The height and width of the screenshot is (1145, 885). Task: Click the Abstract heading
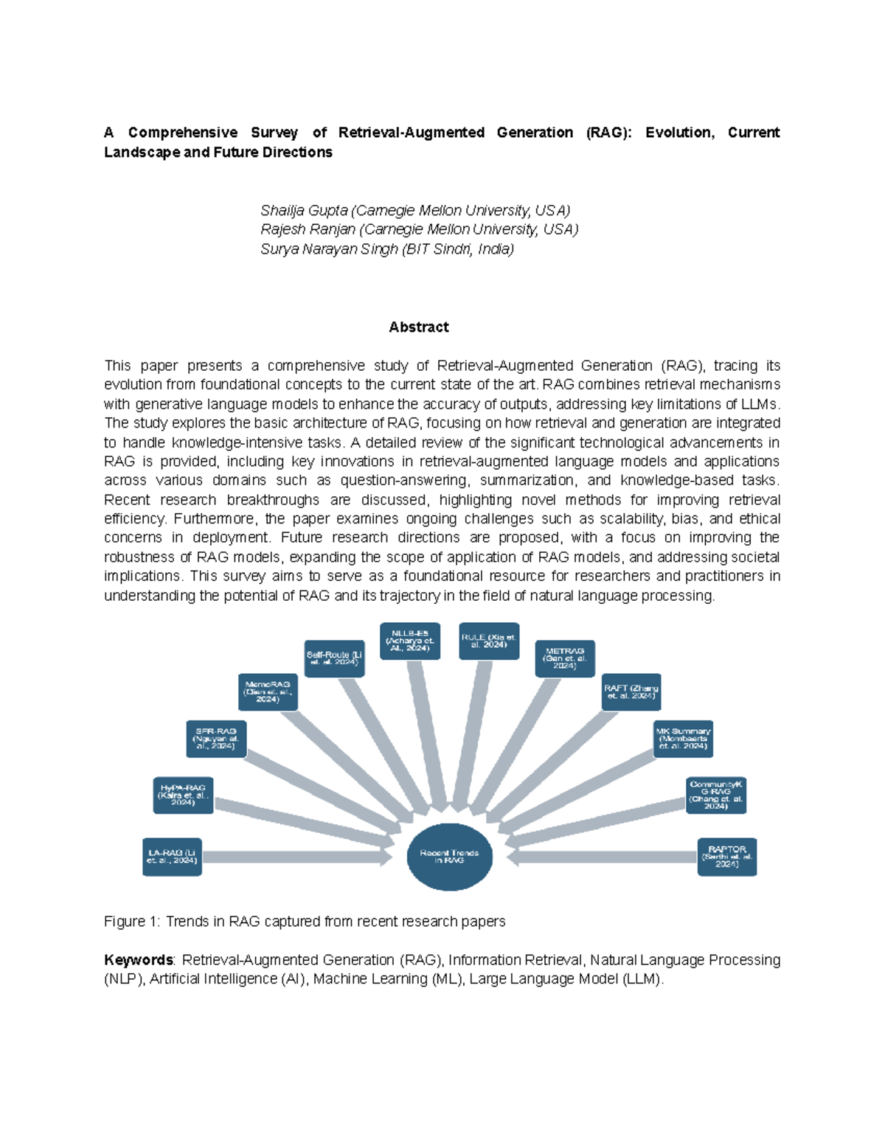point(418,327)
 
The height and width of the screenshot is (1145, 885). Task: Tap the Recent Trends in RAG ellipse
point(449,857)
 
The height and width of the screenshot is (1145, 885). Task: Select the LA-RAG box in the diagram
point(172,857)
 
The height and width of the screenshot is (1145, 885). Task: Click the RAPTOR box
point(726,857)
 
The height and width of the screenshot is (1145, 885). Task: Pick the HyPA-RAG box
point(183,795)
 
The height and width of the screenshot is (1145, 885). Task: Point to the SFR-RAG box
point(216,739)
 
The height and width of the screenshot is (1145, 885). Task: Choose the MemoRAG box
point(268,692)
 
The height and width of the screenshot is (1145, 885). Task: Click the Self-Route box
point(334,658)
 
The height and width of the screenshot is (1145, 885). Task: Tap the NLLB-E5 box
point(410,641)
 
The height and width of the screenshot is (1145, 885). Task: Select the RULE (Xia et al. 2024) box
point(489,641)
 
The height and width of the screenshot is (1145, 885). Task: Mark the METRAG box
point(565,658)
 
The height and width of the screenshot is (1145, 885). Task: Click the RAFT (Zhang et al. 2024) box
point(631,692)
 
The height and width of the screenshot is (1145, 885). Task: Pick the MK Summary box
point(683,739)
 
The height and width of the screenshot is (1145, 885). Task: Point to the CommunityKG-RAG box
point(715,795)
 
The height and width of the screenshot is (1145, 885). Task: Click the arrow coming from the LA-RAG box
point(295,857)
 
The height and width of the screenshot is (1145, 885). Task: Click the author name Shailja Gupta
point(304,210)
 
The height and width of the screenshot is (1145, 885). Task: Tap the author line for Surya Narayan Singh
point(387,249)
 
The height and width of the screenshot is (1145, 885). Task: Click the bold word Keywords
point(138,960)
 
